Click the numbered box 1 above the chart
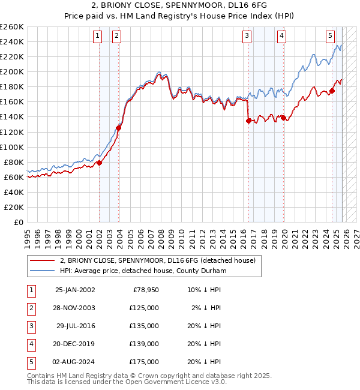coord(97,36)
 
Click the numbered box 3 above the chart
coord(247,36)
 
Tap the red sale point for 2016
coord(248,121)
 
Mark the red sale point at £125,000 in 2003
coord(118,128)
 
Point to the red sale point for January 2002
coord(99,163)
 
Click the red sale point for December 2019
coord(283,118)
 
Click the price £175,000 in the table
coord(144,362)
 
